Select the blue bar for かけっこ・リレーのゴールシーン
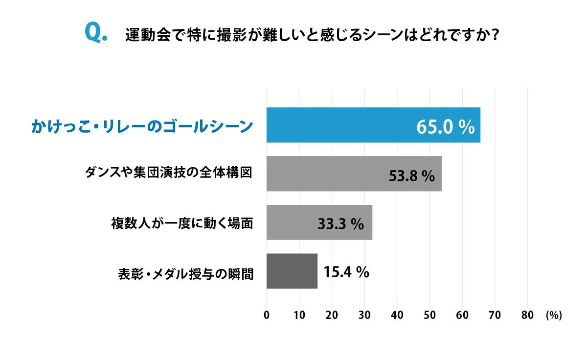pyautogui.click(x=342, y=125)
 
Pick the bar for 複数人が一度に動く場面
pyautogui.click(x=289, y=222)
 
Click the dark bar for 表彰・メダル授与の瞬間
pyautogui.click(x=292, y=271)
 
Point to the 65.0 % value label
pyautogui.click(x=445, y=127)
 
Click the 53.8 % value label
pyautogui.click(x=411, y=176)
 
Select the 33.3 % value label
pyautogui.click(x=340, y=224)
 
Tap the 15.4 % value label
pyautogui.click(x=346, y=272)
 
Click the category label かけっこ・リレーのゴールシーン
pyautogui.click(x=142, y=126)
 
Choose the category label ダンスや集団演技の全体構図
pyautogui.click(x=169, y=173)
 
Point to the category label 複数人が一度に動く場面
pyautogui.click(x=182, y=223)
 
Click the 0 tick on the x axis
pyautogui.click(x=267, y=315)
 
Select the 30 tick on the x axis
pyautogui.click(x=364, y=315)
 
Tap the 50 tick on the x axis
pyautogui.click(x=429, y=315)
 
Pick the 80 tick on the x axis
pyautogui.click(x=527, y=315)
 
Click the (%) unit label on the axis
pyautogui.click(x=554, y=315)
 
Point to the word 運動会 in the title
pyautogui.click(x=143, y=35)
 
